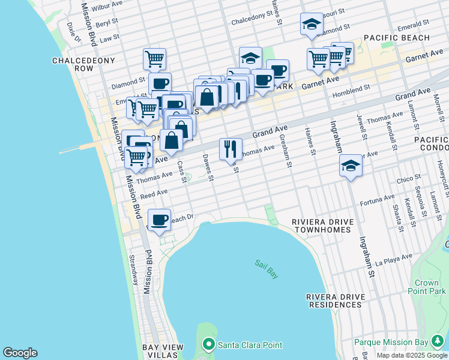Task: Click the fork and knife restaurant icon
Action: [x=231, y=149]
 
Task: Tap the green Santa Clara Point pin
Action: [x=209, y=345]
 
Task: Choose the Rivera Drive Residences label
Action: [x=334, y=301]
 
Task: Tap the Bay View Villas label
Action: [x=166, y=352]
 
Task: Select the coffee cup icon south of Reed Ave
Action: [x=159, y=220]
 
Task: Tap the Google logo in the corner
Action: [x=20, y=353]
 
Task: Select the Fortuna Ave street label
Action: [x=377, y=200]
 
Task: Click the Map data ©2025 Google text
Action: [x=412, y=355]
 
